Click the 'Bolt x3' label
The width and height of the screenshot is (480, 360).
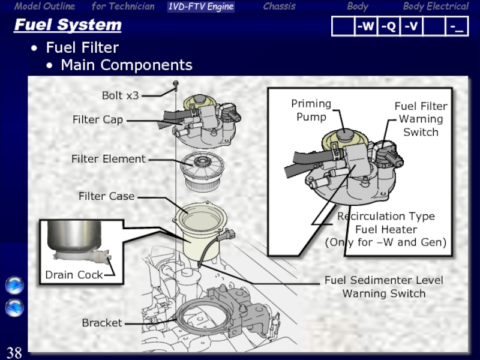point(120,95)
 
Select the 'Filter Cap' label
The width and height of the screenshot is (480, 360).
point(98,120)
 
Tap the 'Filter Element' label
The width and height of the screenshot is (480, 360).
point(109,159)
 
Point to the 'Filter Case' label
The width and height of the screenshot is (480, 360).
point(107,196)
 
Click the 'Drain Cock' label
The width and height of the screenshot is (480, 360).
point(74,275)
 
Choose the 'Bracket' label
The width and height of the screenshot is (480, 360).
point(102,323)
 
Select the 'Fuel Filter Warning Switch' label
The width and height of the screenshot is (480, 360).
point(421,119)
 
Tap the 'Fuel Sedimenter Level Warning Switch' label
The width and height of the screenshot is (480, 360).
point(384,287)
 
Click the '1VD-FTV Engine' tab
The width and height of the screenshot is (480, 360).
point(200,7)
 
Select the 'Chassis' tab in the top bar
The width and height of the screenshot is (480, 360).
point(279,7)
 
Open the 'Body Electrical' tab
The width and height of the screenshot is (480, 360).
point(436,7)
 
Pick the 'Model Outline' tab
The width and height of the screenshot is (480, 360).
point(45,7)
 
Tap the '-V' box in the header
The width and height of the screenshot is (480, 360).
point(411,27)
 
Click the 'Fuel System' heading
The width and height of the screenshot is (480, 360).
point(68,26)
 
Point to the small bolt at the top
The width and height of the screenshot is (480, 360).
point(176,83)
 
